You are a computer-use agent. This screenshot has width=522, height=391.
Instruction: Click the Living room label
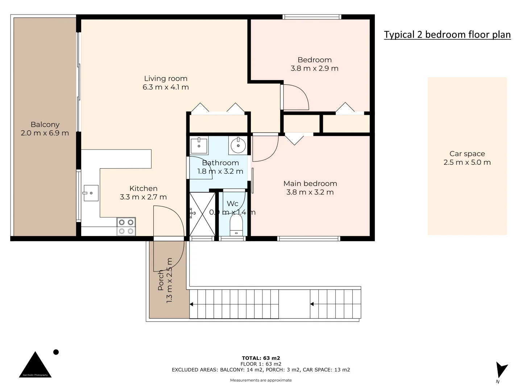point(166,79)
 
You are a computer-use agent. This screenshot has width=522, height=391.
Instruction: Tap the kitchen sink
point(91,193)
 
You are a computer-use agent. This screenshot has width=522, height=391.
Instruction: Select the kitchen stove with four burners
point(126,227)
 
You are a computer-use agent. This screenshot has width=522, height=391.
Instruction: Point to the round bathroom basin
point(238,146)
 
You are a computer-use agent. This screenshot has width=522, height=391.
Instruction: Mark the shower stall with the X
point(202,214)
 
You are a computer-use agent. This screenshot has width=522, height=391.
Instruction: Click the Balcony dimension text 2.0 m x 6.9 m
point(45,133)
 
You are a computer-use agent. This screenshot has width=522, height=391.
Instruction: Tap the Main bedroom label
point(310,184)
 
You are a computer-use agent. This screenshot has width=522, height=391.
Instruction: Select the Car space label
point(467,154)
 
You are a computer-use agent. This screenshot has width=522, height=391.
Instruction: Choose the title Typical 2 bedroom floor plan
point(447,35)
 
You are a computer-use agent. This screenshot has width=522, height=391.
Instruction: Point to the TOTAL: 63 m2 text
point(261,358)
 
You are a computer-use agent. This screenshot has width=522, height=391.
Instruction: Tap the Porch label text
point(161,280)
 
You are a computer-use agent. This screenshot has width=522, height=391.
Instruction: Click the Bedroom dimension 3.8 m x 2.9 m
point(314,68)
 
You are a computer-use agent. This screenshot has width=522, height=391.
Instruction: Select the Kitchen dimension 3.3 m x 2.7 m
point(143,197)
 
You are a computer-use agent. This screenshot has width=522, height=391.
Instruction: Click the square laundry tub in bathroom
point(199,145)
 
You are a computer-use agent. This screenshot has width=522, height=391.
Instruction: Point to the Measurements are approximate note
point(261,380)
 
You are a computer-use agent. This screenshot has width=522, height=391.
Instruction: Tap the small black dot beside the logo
point(56,352)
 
